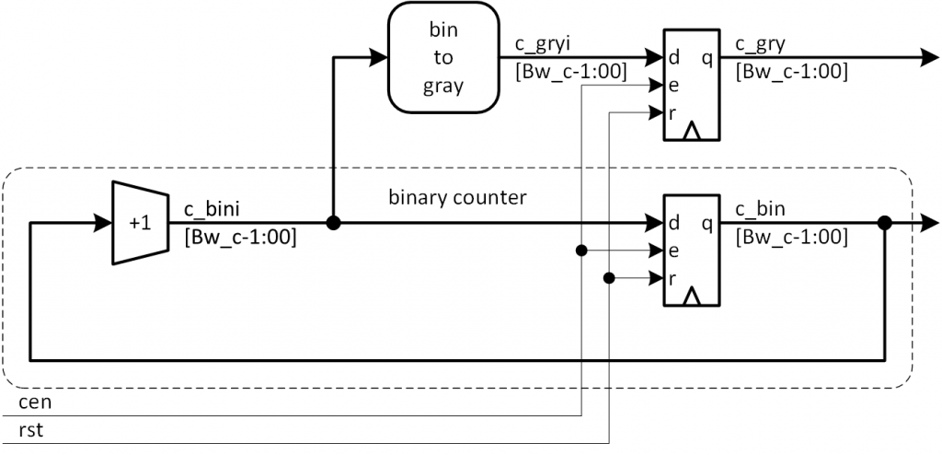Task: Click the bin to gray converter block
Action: [443, 58]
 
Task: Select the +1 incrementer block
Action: [139, 222]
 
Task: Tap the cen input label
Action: [34, 403]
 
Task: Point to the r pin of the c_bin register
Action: [672, 277]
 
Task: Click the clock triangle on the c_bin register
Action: [693, 297]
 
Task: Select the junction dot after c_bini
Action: [334, 223]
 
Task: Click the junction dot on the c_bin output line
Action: [884, 223]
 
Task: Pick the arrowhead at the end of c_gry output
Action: [927, 58]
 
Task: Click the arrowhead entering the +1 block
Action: [102, 223]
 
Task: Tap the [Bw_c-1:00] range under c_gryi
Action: [561, 71]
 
